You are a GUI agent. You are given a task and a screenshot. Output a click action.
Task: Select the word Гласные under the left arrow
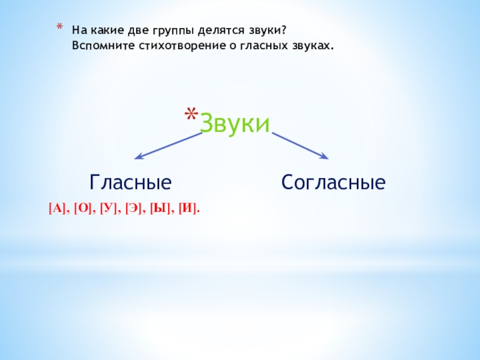click(x=131, y=182)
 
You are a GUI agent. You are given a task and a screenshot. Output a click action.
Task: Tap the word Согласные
click(x=333, y=182)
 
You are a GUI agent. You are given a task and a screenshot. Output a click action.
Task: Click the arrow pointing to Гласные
click(x=168, y=146)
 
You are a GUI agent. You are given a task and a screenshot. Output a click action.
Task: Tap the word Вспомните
click(x=97, y=46)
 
